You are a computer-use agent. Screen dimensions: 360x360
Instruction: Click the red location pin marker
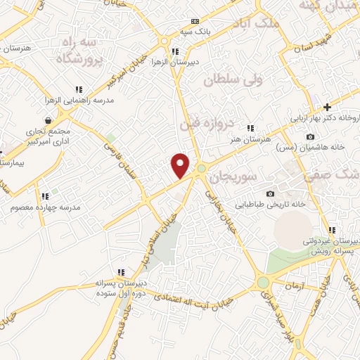[x=181, y=165]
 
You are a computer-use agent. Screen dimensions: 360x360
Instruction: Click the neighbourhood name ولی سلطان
[x=231, y=81]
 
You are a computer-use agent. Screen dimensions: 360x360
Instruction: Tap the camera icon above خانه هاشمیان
[x=310, y=136]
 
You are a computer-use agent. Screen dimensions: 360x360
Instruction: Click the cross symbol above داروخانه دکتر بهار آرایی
[x=327, y=106]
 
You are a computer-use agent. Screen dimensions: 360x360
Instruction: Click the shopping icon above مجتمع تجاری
[x=47, y=121]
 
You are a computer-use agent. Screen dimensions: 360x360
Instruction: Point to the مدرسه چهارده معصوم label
[x=46, y=207]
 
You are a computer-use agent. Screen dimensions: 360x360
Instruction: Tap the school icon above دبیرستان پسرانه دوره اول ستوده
[x=122, y=272]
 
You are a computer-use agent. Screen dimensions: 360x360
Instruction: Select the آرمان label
[x=297, y=285]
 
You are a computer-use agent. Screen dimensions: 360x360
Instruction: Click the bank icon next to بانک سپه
[x=195, y=21]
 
